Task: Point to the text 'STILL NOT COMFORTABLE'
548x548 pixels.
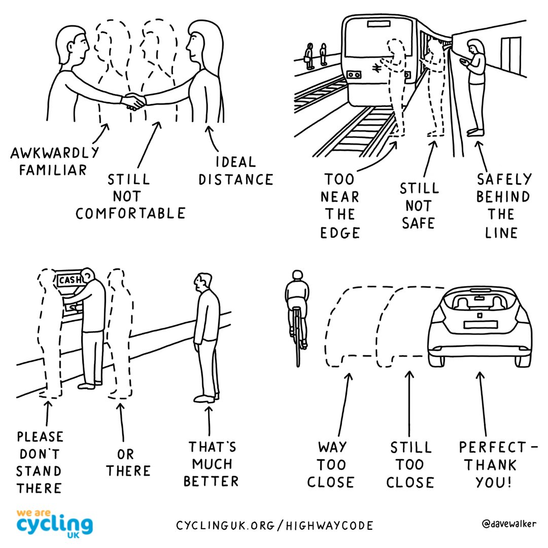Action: pos(130,196)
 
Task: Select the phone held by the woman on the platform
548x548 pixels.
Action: pos(463,61)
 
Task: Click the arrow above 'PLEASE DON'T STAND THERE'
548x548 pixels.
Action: pos(47,414)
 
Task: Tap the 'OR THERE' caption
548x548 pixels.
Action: pos(128,462)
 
